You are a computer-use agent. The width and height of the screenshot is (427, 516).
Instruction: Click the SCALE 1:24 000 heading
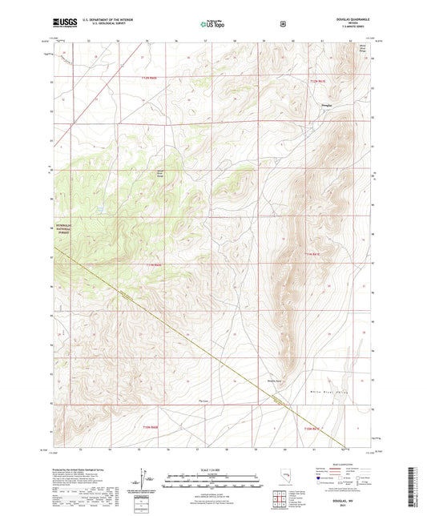point(212,468)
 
